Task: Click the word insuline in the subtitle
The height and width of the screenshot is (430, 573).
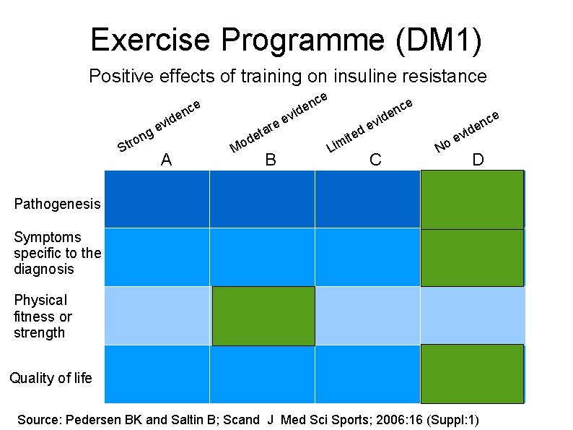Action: [392, 76]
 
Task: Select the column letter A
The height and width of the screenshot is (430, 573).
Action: [166, 160]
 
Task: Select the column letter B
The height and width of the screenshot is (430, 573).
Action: [271, 160]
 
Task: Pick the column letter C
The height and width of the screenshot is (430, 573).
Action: [375, 160]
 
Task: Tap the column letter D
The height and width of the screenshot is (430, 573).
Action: [478, 160]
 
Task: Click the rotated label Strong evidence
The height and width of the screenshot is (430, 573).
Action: [158, 126]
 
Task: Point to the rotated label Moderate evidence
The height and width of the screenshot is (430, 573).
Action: [279, 122]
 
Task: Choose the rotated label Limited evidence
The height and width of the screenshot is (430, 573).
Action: [369, 125]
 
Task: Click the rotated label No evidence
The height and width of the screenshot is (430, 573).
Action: [467, 131]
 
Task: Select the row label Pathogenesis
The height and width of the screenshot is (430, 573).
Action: [58, 204]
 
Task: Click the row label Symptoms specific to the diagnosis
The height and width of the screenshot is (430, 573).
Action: [57, 253]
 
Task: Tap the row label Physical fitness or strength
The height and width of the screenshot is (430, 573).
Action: [43, 317]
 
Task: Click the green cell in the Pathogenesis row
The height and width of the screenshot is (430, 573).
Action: [472, 199]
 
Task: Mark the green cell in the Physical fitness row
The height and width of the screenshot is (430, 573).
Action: [263, 316]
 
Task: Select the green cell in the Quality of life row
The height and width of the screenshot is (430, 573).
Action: [472, 374]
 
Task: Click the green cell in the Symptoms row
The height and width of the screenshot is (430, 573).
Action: [472, 257]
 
